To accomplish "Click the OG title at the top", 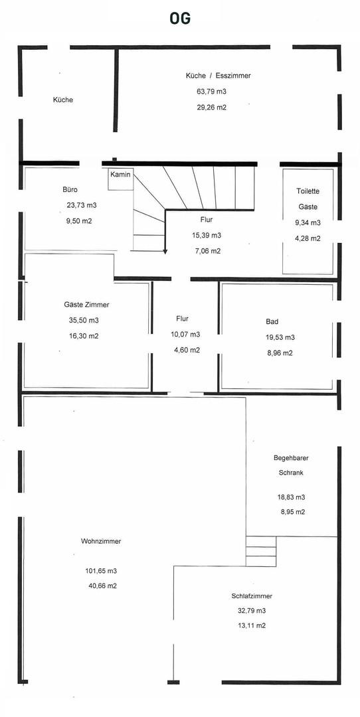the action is click(x=180, y=19).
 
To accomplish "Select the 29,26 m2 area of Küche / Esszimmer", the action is click(x=211, y=108).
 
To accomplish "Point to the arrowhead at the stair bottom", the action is click(x=164, y=251).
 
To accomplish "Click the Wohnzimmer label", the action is click(x=101, y=541).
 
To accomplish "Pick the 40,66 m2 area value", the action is click(x=101, y=586).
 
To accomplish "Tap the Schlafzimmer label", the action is click(x=252, y=596).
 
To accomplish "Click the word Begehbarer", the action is click(x=288, y=457).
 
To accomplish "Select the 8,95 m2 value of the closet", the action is click(x=293, y=512).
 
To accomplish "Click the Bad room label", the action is click(x=272, y=321).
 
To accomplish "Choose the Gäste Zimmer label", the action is click(x=87, y=305).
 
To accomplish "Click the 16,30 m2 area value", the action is click(x=84, y=336).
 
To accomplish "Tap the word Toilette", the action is click(x=308, y=192).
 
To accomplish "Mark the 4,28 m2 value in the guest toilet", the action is click(x=308, y=238).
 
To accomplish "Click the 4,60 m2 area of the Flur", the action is click(x=187, y=350).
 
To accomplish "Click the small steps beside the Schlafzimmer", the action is click(x=261, y=551).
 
